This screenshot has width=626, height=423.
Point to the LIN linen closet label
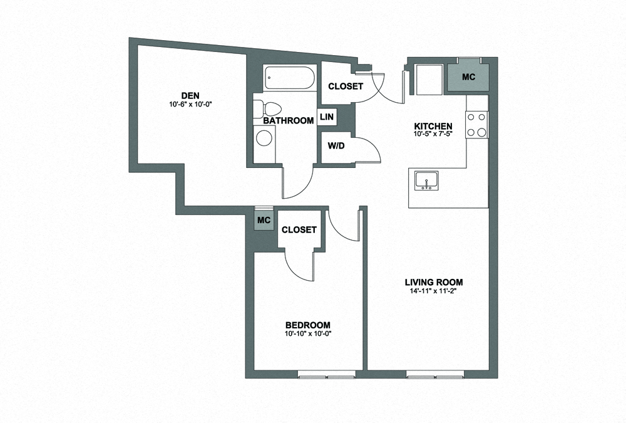click(326, 117)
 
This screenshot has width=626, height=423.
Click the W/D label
click(336, 146)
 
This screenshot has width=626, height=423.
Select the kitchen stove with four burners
click(477, 124)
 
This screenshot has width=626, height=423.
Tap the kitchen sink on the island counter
click(429, 180)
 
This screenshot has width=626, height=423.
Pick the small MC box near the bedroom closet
click(264, 221)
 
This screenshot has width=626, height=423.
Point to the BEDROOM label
click(307, 325)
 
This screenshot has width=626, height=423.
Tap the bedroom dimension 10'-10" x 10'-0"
click(307, 333)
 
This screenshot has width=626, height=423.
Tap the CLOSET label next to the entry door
click(345, 86)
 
